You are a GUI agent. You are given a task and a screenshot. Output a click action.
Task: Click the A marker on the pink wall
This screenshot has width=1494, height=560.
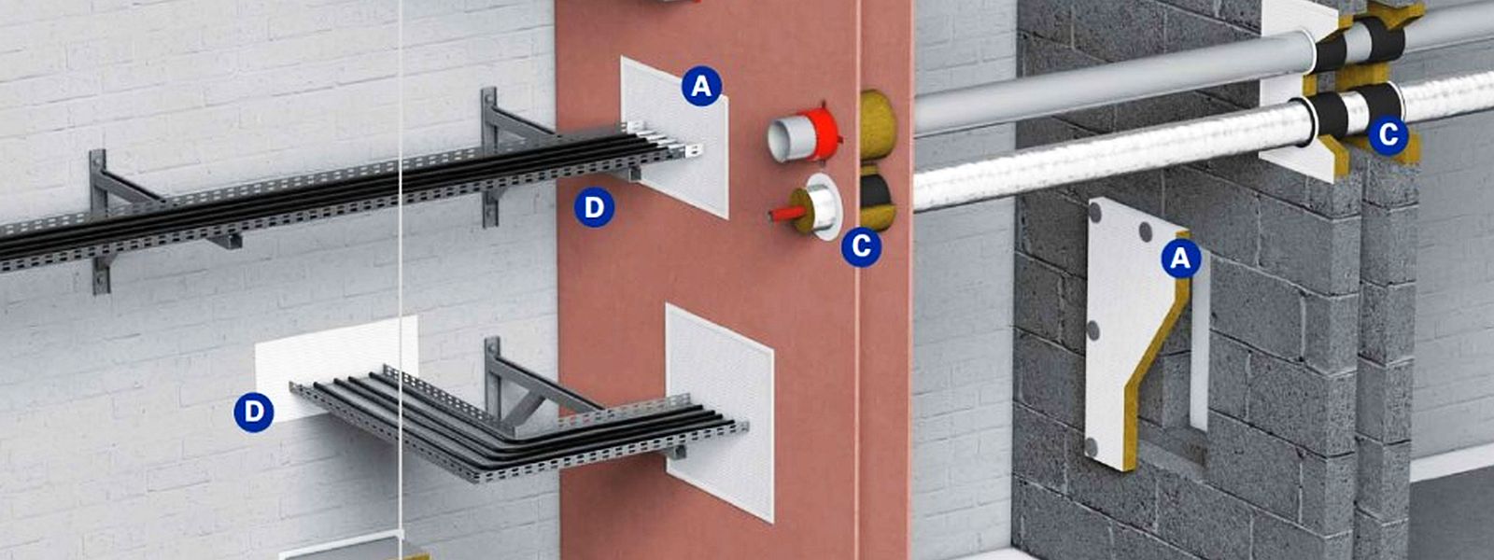(x=701, y=86)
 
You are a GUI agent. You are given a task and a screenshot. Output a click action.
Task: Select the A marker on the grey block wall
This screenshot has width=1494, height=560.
(x=1180, y=259)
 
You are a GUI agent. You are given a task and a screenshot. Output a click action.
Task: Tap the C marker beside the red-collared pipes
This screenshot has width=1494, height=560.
(x=861, y=246)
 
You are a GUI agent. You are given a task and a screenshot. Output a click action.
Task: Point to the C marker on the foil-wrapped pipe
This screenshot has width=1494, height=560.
(x=1388, y=135)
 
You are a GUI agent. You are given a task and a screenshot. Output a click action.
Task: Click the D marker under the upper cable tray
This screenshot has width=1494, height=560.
(x=594, y=207)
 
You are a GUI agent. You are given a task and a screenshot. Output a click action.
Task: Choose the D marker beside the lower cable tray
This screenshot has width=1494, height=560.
(x=253, y=412)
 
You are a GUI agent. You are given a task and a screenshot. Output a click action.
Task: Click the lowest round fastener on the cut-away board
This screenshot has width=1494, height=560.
(x=1092, y=446)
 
